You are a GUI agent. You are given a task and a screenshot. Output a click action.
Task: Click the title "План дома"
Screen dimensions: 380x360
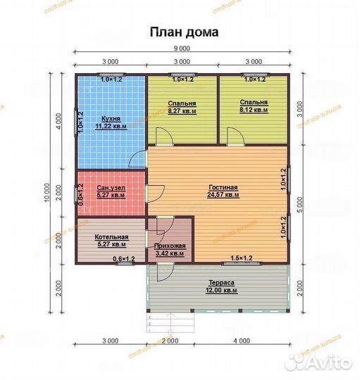pos(182,32)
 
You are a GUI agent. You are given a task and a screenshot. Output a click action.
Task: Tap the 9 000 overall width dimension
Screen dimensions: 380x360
pos(182,49)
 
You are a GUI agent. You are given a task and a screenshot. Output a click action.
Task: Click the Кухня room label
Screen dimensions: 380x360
pos(111,120)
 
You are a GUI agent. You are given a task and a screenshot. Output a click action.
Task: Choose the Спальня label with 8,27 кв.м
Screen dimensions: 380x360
pos(182,103)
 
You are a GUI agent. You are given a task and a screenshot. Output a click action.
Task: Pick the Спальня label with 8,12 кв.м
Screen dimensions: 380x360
pos(254,103)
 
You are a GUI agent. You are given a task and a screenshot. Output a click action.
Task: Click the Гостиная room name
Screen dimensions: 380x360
pos(223,187)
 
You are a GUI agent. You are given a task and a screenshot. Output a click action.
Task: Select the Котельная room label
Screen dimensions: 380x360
pos(111,236)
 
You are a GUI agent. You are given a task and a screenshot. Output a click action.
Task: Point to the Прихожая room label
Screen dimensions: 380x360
pos(169,245)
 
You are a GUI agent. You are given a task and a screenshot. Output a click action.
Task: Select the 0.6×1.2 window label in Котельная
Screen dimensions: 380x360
pos(124,260)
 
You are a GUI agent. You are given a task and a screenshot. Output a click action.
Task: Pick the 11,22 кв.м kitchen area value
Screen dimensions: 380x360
pos(111,127)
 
